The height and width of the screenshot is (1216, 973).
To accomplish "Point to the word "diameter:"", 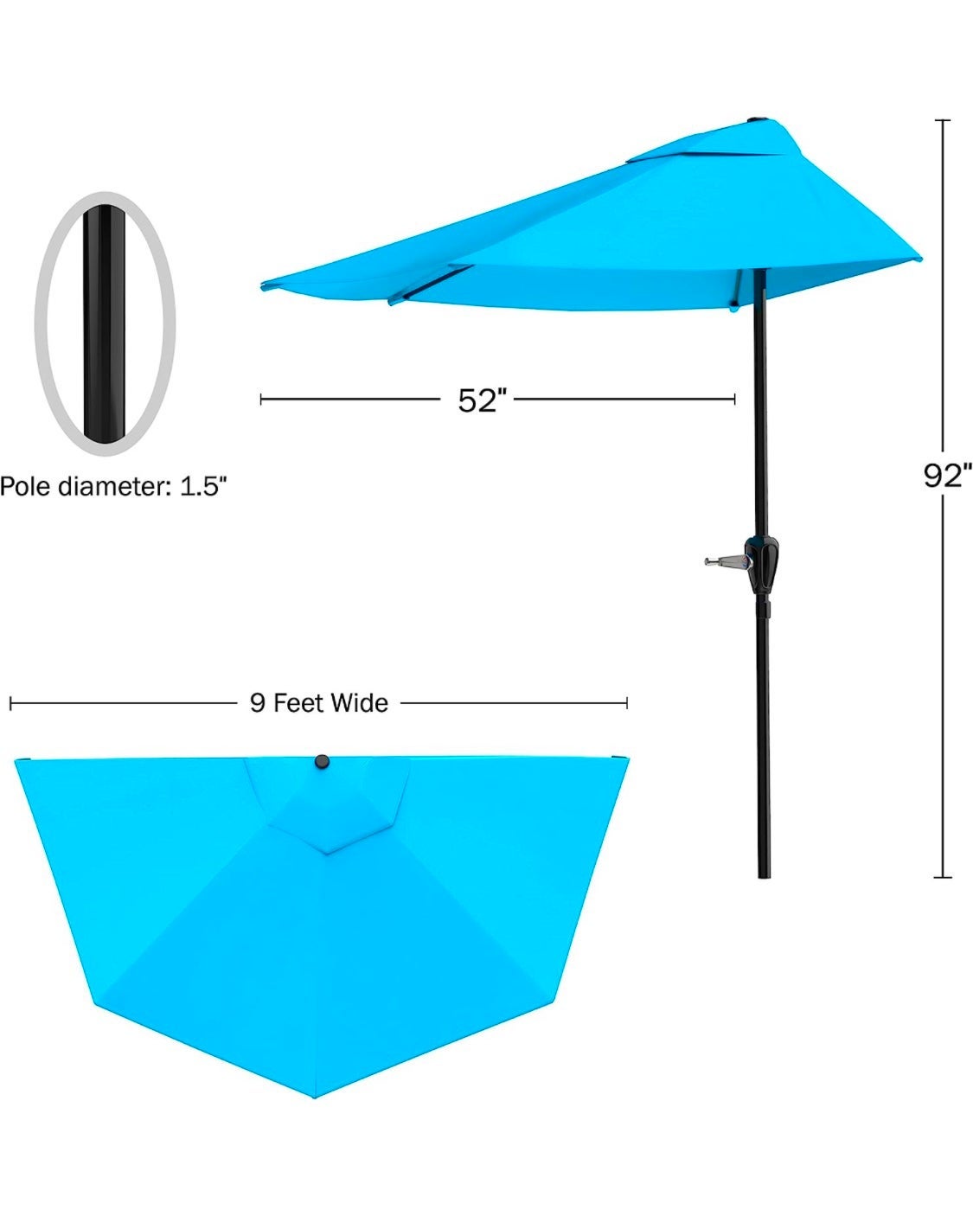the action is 115,486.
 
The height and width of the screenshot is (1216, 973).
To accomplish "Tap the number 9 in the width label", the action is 258,703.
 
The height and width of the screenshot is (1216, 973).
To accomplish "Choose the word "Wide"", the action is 360,703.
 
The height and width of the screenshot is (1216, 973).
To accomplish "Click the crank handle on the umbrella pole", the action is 727,561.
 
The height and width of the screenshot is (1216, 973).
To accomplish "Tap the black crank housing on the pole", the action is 762,564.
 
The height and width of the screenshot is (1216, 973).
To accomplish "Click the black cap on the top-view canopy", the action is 322,762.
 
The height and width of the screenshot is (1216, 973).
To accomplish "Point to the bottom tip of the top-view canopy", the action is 316,1098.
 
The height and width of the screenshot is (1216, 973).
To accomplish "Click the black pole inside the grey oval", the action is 105,323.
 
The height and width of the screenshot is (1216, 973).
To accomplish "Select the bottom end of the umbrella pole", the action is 764,877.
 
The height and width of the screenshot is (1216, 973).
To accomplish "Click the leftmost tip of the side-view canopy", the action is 262,285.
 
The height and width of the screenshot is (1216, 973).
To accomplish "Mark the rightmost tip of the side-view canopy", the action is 919,259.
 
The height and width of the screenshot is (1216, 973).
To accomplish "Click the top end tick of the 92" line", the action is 943,120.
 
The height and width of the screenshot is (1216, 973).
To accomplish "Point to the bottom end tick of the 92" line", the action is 943,877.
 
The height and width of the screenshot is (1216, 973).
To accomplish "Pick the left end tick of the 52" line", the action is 260,400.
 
